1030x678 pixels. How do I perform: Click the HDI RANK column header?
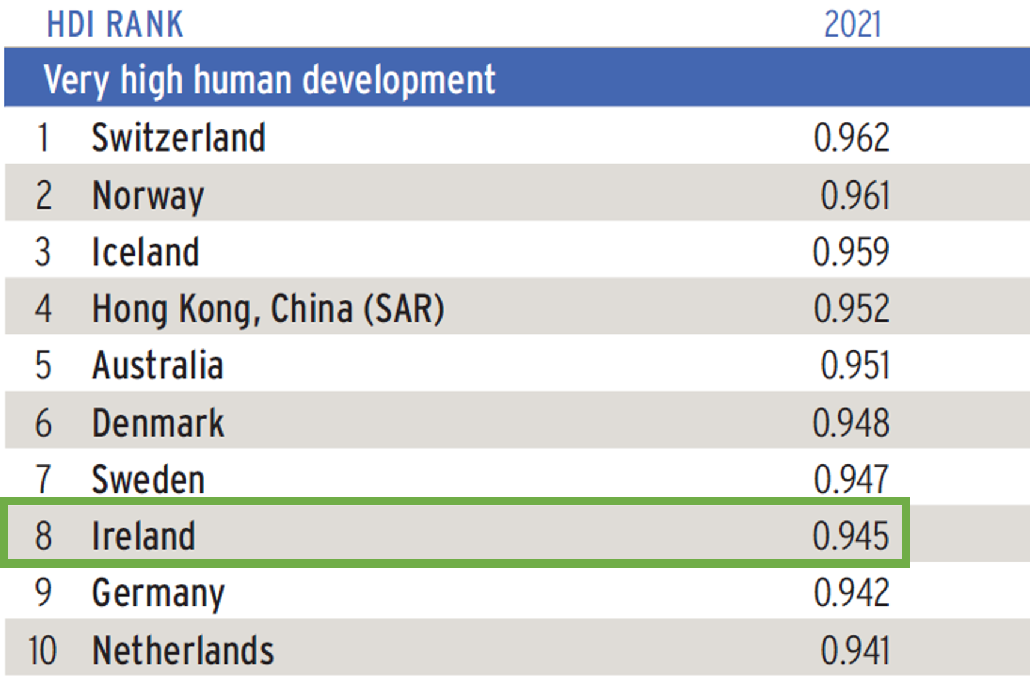115,25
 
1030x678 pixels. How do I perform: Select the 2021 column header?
852,25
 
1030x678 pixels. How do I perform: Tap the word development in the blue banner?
399,79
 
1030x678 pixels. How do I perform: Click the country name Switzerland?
178,138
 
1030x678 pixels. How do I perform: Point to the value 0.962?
851,138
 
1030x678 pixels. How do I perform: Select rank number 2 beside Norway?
43,196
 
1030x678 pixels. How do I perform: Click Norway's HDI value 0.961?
854,196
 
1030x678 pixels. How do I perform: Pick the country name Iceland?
146,252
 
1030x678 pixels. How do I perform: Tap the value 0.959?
850,252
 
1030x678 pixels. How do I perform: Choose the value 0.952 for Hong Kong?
851,309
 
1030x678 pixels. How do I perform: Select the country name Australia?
158,366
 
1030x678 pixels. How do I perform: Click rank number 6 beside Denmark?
43,423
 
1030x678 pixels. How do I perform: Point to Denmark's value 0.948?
850,423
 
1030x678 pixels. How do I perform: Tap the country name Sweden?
148,479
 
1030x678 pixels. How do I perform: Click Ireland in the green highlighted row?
143,535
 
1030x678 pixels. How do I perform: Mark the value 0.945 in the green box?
850,535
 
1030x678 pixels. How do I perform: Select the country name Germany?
158,593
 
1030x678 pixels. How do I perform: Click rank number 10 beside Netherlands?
42,650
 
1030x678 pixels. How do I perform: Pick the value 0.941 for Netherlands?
854,650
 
